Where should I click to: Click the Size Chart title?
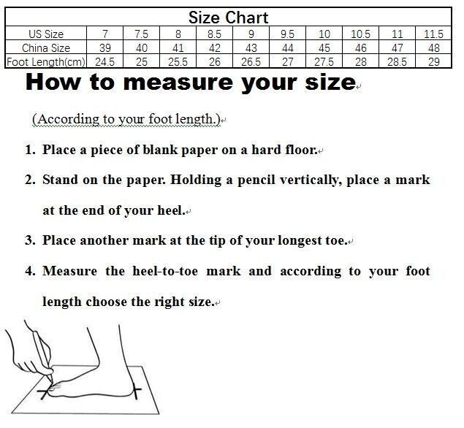228,18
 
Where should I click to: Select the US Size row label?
46,34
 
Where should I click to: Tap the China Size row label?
46,48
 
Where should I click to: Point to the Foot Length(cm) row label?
46,62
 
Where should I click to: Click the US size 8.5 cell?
214,34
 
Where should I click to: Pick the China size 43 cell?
251,48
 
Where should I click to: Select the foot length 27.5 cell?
324,62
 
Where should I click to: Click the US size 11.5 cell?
433,34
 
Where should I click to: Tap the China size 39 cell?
105,48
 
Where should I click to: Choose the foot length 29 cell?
433,62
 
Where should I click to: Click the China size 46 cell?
360,48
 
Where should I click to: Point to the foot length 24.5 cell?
104,62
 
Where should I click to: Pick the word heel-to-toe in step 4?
165,271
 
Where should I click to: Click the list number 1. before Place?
31,150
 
